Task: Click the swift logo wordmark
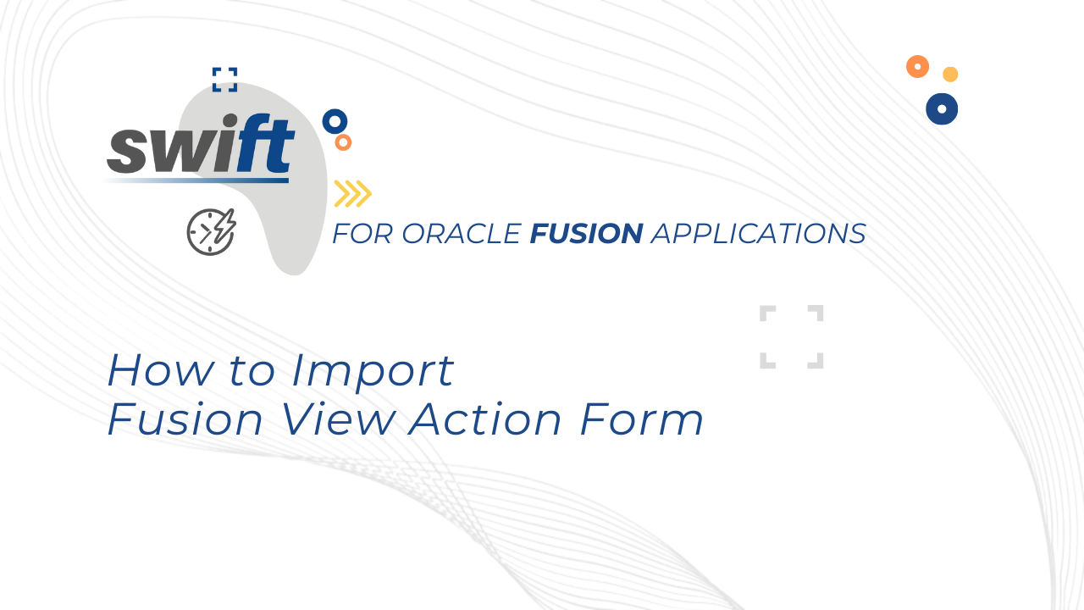(x=201, y=144)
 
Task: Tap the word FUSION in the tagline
(x=587, y=233)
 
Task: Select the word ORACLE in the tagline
(x=462, y=233)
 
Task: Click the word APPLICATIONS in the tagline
(x=758, y=233)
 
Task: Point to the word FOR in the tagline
(x=362, y=233)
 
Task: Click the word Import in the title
(x=373, y=372)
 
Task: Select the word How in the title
(x=161, y=370)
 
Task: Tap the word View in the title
(x=338, y=419)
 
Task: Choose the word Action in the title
(x=485, y=419)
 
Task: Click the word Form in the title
(x=642, y=419)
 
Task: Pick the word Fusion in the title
(x=185, y=419)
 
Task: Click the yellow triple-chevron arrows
(x=353, y=194)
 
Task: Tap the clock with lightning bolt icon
(x=212, y=232)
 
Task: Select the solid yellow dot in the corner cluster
(x=950, y=74)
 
